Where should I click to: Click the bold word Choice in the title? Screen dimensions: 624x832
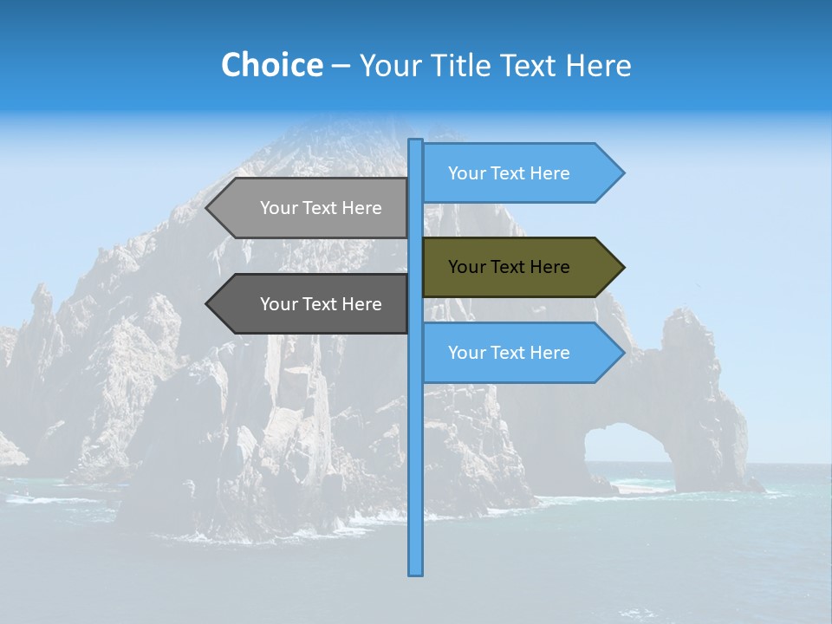[x=271, y=65]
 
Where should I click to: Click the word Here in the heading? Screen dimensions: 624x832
[x=598, y=65]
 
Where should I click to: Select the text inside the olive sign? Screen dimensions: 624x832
[x=509, y=267]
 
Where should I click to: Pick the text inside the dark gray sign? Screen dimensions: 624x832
[x=321, y=304]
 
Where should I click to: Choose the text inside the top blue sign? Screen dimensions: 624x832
[x=509, y=173]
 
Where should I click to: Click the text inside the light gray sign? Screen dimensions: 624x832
[x=321, y=208]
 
